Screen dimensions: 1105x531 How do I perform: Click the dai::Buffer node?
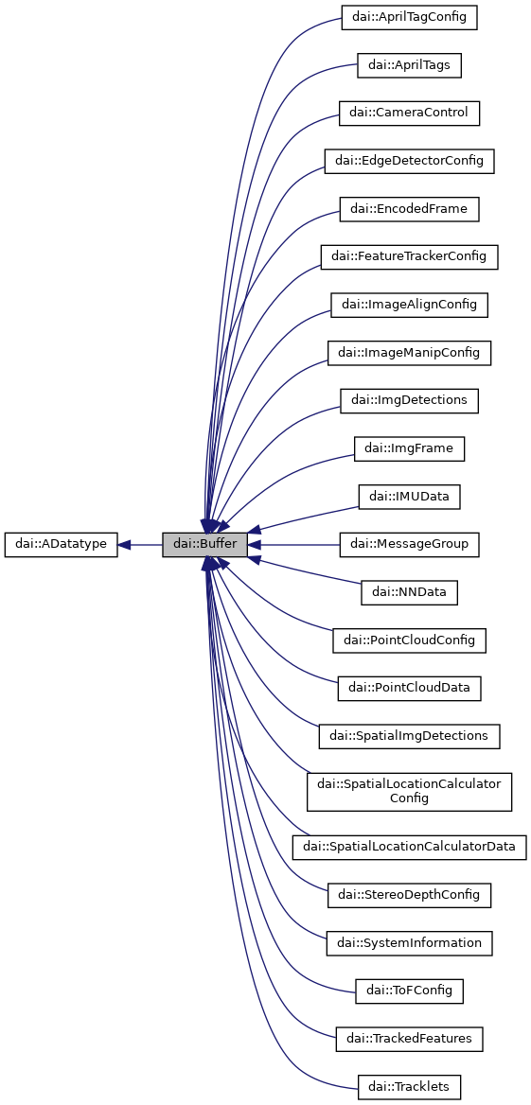coord(204,545)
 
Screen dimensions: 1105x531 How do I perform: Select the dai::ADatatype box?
coord(62,545)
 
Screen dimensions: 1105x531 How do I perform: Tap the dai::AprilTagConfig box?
coord(409,17)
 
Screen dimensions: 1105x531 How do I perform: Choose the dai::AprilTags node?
coord(409,65)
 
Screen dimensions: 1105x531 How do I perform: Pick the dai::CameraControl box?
coord(409,114)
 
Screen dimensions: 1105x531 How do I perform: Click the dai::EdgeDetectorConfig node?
coord(409,161)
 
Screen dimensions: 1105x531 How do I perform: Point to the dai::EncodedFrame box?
coord(409,209)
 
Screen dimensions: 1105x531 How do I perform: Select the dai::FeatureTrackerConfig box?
coord(409,256)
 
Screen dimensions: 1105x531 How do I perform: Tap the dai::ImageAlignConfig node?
coord(409,305)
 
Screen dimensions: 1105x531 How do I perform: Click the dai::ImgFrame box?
coord(409,448)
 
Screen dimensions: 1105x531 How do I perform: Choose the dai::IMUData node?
coord(409,497)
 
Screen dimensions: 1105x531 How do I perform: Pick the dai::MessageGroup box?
coord(409,545)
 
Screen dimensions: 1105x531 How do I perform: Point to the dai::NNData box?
coord(409,592)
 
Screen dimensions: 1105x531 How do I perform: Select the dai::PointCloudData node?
coord(409,688)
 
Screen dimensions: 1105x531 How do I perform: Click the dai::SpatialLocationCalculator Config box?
coord(409,791)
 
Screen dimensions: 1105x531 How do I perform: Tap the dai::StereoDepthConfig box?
coord(409,894)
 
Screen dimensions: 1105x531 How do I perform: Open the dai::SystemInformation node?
coord(409,943)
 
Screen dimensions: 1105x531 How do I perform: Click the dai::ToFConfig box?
coord(409,991)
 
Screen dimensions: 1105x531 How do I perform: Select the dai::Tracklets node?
coord(409,1086)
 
